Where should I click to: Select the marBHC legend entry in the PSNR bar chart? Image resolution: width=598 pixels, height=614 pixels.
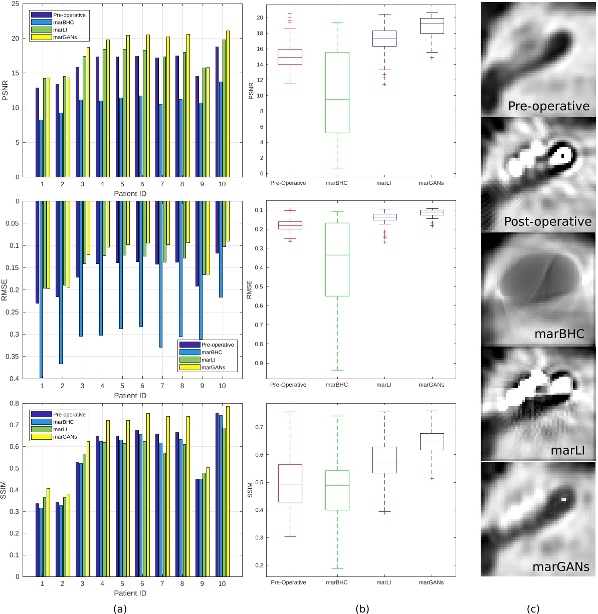tap(63, 23)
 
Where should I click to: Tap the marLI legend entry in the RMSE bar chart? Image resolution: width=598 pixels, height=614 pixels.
tap(208, 360)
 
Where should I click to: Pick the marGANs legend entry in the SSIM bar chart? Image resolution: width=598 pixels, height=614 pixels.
tap(65, 437)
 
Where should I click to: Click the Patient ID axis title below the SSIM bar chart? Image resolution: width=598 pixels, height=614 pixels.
tap(130, 593)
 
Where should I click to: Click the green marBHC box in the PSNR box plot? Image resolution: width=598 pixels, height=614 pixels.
tap(337, 93)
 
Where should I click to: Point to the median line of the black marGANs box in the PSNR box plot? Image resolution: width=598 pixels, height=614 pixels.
tap(432, 24)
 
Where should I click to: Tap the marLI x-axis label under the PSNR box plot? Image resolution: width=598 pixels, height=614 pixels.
tap(384, 183)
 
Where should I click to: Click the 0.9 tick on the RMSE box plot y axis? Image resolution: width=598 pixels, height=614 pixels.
tap(259, 364)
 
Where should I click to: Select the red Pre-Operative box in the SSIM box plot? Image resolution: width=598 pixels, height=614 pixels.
tap(290, 483)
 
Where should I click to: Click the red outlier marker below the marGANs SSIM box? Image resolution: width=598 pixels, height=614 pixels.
tap(432, 478)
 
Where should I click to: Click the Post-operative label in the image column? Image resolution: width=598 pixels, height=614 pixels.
tap(547, 221)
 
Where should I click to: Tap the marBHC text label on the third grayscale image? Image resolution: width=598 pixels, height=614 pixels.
tap(559, 334)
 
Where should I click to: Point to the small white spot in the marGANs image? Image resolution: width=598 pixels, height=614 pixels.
tap(563, 499)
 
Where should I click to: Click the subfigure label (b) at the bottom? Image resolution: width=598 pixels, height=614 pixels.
tap(362, 609)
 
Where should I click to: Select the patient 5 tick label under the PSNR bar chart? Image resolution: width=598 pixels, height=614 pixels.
tap(122, 184)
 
